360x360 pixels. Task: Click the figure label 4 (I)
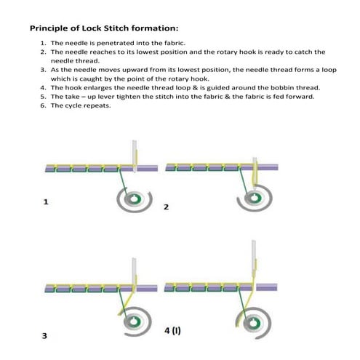[x=172, y=330]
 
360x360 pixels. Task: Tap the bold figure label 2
[x=166, y=207]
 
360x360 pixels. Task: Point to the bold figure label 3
[x=45, y=336]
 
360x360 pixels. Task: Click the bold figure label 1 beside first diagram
[x=46, y=203]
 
